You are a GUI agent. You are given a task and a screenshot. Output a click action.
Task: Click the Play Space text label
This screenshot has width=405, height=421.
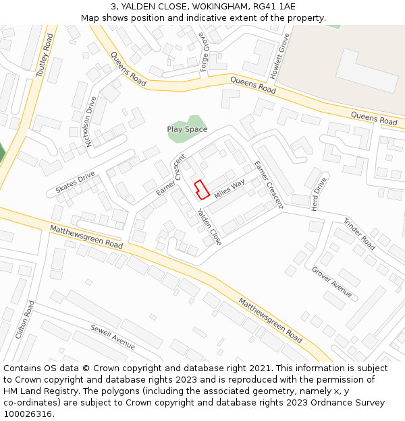coord(187,129)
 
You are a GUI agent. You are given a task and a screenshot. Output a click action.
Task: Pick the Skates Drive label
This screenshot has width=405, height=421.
coord(76,183)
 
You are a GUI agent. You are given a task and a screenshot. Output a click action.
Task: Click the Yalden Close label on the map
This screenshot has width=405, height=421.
coord(209,226)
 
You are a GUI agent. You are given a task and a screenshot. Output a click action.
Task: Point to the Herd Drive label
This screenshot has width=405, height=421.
coord(319,195)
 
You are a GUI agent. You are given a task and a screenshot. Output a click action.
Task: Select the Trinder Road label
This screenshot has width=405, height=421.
coord(359,234)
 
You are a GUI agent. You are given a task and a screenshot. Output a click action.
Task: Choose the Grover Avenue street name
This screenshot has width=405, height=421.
coord(331,282)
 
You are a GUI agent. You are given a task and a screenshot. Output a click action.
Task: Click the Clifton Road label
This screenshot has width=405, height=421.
coord(24,319)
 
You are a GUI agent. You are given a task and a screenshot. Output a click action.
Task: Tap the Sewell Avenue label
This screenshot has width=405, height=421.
coord(113,337)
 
